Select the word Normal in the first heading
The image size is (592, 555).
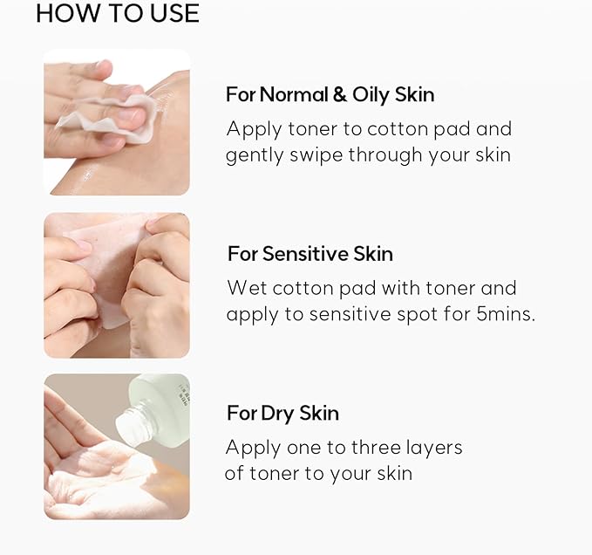pyautogui.click(x=293, y=94)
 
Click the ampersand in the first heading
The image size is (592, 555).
pyautogui.click(x=338, y=94)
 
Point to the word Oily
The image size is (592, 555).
pyautogui.click(x=371, y=94)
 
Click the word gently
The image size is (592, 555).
pyautogui.click(x=252, y=156)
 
